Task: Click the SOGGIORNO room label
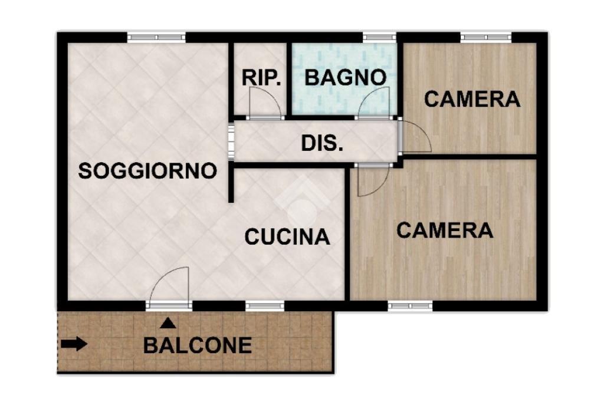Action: (147, 170)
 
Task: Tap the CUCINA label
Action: (287, 236)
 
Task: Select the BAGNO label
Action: (346, 77)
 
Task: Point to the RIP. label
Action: (261, 78)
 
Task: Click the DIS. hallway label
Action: (322, 144)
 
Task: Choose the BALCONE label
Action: (198, 345)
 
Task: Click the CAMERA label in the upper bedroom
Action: (472, 99)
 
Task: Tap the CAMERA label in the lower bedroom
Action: (445, 230)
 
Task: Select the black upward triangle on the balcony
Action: (168, 322)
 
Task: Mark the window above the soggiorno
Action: (157, 37)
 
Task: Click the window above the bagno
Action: (379, 37)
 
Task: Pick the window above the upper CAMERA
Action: (486, 37)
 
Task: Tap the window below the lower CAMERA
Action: (411, 306)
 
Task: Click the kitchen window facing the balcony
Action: (265, 306)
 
